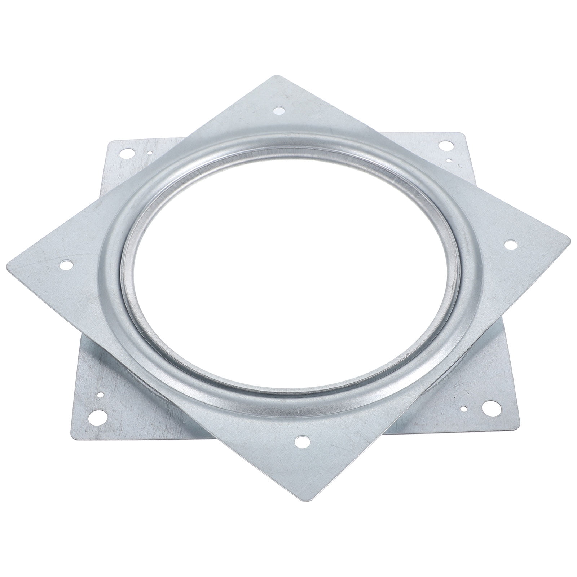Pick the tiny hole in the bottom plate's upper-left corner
click(x=149, y=153)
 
